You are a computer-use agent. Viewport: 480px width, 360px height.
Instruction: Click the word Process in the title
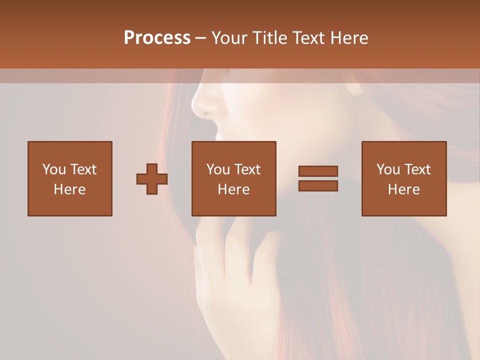(157, 38)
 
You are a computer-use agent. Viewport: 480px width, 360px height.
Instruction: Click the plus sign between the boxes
(152, 179)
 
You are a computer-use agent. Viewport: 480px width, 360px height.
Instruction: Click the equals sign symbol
(318, 178)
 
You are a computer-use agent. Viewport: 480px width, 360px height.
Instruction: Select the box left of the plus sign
(69, 178)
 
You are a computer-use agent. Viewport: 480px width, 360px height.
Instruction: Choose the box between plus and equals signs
(233, 178)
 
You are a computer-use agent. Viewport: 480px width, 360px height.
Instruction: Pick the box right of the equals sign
(403, 178)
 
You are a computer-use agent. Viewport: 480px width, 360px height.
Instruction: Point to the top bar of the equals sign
(318, 171)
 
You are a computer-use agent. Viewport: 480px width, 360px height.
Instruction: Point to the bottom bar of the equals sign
(318, 186)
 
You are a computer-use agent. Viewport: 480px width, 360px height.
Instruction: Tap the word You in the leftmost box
(54, 169)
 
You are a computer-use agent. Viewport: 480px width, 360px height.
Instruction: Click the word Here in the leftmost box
(69, 189)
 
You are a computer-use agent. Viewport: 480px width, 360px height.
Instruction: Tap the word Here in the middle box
(233, 189)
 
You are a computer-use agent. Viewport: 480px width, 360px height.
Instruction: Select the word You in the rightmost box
(388, 169)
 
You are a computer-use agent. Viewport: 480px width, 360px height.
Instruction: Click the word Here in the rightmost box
(403, 189)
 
